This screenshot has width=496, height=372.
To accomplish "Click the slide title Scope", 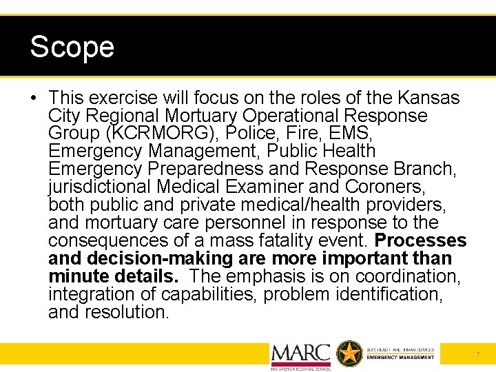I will [72, 48].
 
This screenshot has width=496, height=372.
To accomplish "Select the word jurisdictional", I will [100, 187].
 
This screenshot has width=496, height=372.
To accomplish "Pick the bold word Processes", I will [420, 241].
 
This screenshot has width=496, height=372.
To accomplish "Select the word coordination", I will [405, 277].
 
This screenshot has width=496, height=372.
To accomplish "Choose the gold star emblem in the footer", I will [349, 353].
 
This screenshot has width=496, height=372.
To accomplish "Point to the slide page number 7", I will [478, 354].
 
